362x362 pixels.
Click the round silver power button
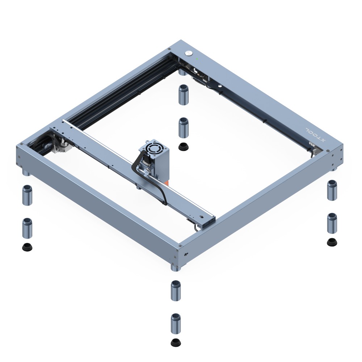[188, 53]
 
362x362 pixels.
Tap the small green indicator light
[197, 59]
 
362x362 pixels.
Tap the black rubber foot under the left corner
[27, 247]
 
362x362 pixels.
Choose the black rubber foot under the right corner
[332, 242]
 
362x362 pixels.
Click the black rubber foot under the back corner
[184, 147]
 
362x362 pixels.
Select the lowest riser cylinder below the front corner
[176, 323]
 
